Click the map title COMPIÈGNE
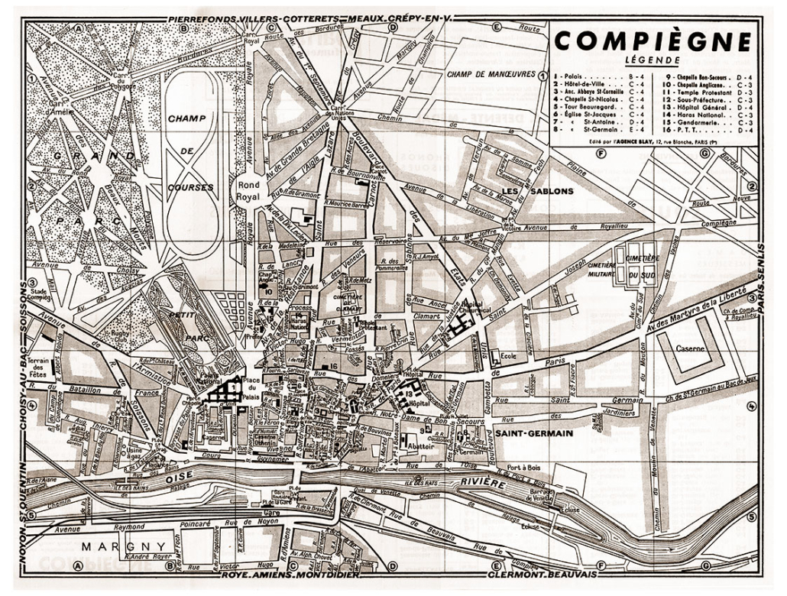[x=653, y=41]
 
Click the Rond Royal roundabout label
[x=249, y=188]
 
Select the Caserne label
[x=690, y=349]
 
